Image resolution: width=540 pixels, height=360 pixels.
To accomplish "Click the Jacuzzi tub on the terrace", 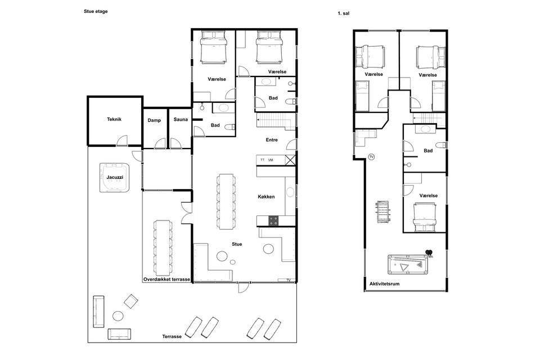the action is coord(116,178).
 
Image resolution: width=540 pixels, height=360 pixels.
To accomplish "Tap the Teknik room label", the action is coord(114,119).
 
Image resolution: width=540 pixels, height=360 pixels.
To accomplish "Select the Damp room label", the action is coord(154,120).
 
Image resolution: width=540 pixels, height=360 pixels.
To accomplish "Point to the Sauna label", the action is coord(181,120).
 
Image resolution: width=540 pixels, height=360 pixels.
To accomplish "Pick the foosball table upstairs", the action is coord(384,211).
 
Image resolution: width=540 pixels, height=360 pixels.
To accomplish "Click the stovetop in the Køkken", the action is coord(273,221).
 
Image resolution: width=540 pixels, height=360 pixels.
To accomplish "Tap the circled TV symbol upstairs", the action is coord(371,157).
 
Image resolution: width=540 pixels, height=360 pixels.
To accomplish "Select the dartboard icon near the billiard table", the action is coord(429,253).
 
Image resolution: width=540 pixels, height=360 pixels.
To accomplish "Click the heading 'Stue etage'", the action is coord(96,11).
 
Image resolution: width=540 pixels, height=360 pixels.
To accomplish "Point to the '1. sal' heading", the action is coord(344,13).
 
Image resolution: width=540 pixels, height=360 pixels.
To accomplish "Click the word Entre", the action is coord(272,140).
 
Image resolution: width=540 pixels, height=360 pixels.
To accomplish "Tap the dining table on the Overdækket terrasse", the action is coord(163,248).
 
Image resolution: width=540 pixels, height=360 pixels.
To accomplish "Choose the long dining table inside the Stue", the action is coord(227,201).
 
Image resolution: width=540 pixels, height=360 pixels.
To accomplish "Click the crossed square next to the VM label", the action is coord(290,160).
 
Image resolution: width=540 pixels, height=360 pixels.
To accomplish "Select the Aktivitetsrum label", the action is coord(384,284).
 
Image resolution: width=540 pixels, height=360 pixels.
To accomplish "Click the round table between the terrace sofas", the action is coord(118,316).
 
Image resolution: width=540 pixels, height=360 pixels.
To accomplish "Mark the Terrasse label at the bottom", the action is coord(172,336).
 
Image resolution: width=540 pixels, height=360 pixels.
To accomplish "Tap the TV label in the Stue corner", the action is coord(289,280).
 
